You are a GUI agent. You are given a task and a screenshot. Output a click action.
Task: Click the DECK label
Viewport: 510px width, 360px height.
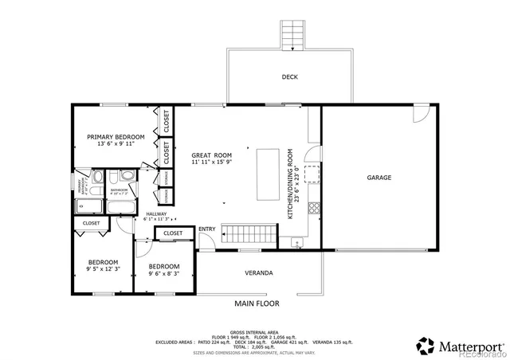tap(289, 77)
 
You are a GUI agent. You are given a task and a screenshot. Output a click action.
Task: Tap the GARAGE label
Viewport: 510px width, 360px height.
tap(379, 178)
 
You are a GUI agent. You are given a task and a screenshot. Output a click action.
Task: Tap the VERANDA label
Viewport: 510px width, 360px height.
tap(259, 273)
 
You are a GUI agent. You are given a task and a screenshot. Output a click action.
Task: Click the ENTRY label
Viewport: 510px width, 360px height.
tap(207, 229)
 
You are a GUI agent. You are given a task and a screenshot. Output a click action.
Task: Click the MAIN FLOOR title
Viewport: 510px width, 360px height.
tap(255, 303)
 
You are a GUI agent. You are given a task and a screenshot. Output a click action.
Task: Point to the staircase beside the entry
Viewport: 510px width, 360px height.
tap(249, 233)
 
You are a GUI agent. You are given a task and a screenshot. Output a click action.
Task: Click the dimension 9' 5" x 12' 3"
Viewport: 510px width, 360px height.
tap(103, 270)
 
